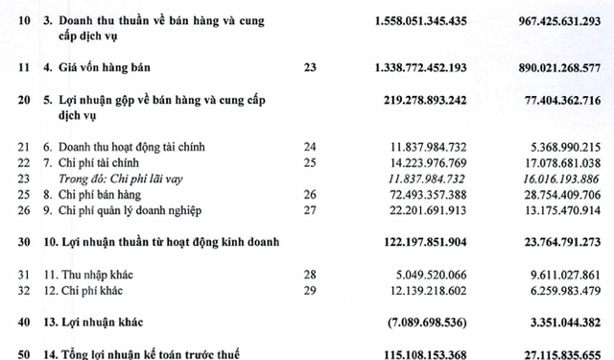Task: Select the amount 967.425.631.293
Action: [x=544, y=20]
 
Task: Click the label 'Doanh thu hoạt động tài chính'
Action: [x=125, y=146]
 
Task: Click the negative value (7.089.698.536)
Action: [x=418, y=324]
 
